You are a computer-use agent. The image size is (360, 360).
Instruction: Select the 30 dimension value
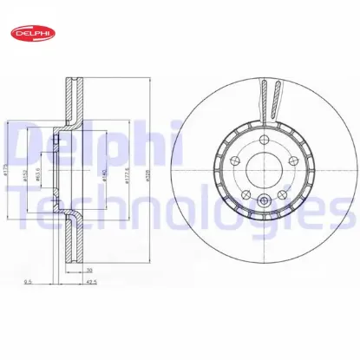[89, 269]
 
